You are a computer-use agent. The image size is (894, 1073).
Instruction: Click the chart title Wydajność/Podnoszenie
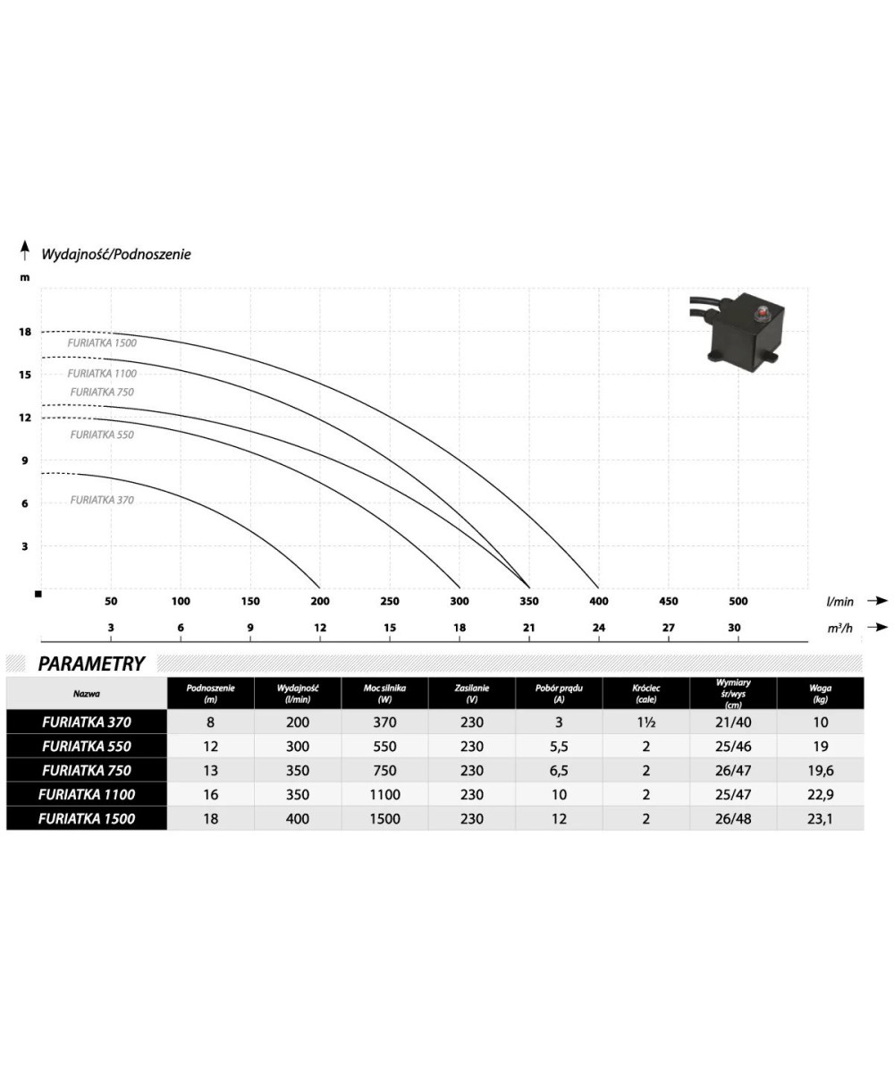pos(116,254)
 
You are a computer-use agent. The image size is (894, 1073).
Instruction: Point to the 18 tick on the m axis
pos(25,332)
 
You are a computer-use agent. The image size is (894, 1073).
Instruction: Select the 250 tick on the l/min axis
pos(390,601)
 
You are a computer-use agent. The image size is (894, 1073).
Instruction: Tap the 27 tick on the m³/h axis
pos(668,628)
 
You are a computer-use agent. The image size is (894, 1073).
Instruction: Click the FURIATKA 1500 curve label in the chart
pos(102,343)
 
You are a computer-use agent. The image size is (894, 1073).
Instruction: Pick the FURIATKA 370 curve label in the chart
pos(102,500)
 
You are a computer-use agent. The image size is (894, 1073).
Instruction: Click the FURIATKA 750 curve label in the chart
pos(102,393)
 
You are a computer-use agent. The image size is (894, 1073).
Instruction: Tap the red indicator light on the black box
pos(762,311)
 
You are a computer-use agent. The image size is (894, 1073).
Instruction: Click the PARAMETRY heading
pos(91,663)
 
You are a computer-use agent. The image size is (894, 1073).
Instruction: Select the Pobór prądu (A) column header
pos(559,693)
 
